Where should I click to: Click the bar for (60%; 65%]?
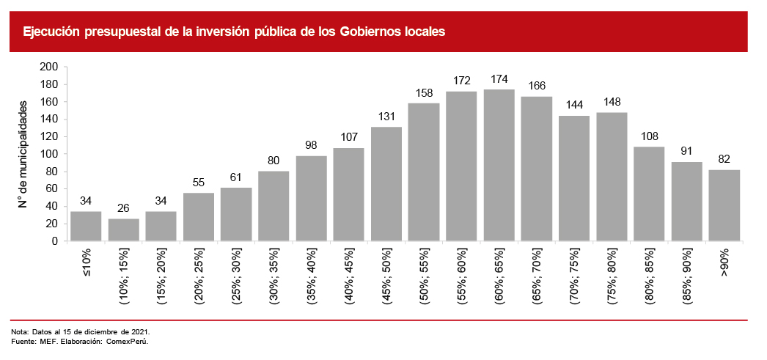tap(499, 165)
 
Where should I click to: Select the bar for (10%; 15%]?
tap(123, 229)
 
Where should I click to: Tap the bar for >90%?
tap(724, 205)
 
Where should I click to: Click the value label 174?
tap(499, 79)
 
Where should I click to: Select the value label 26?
tap(123, 208)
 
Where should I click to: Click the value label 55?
tap(199, 183)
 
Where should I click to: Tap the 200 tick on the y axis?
tap(49, 67)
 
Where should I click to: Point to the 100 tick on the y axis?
tap(49, 154)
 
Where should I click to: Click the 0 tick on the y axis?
tap(54, 241)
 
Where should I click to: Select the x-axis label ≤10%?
tap(86, 261)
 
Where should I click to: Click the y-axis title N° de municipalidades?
tap(23, 153)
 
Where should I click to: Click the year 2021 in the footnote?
tap(139, 333)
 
